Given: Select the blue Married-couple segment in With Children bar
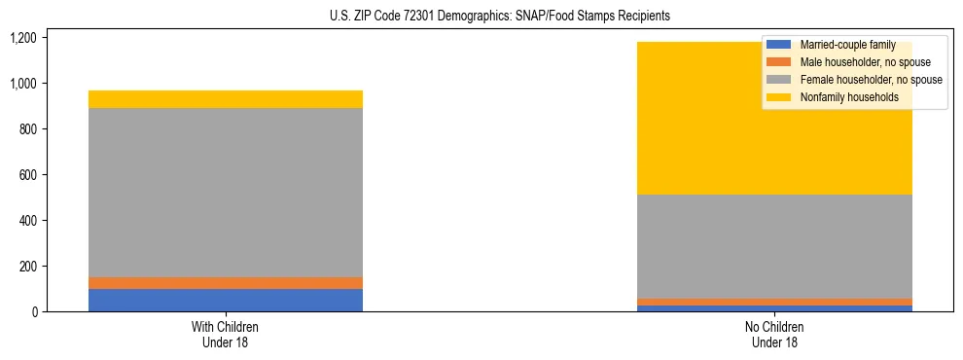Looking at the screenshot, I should (x=226, y=300).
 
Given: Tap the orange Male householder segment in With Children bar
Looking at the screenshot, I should (x=226, y=283).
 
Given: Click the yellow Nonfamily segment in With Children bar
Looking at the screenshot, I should (x=226, y=99).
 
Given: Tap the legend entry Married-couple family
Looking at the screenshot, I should (x=847, y=45).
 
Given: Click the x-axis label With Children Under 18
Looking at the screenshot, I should (x=226, y=334).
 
